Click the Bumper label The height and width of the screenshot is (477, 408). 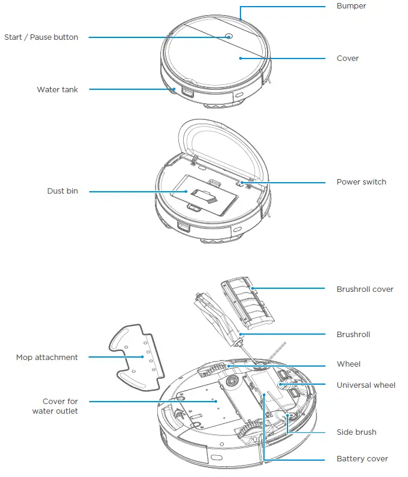pyautogui.click(x=351, y=6)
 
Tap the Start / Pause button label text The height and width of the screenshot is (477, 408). pyautogui.click(x=41, y=37)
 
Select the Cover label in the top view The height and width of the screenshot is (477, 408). pyautogui.click(x=347, y=58)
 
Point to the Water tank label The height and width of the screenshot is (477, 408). pyautogui.click(x=57, y=90)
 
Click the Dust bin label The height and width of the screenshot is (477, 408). pyautogui.click(x=63, y=191)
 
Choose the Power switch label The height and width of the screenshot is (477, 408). pyautogui.click(x=361, y=182)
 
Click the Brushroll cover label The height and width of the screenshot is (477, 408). pyautogui.click(x=365, y=289)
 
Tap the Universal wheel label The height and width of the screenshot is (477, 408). pyautogui.click(x=366, y=385)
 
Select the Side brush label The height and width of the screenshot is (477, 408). pyautogui.click(x=356, y=432)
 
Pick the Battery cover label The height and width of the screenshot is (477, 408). pyautogui.click(x=362, y=459)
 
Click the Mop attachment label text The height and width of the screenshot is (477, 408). pyautogui.click(x=46, y=358)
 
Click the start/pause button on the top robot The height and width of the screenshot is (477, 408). pyautogui.click(x=229, y=36)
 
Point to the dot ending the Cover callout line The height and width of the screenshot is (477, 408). pyautogui.click(x=240, y=58)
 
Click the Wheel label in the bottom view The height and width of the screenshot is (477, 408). pyautogui.click(x=348, y=364)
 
